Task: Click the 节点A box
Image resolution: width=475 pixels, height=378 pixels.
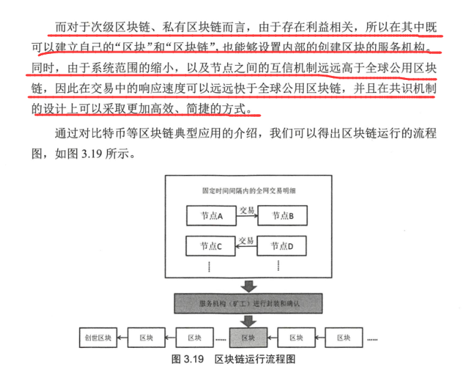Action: (212, 215)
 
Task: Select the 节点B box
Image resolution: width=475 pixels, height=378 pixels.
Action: (282, 215)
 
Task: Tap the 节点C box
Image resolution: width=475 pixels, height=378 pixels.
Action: (212, 245)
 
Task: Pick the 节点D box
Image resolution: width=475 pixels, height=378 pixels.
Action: (282, 245)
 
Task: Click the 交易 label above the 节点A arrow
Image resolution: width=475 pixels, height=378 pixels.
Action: (246, 209)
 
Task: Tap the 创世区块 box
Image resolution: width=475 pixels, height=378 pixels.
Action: (98, 338)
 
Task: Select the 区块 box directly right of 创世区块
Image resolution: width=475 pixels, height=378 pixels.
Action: (147, 338)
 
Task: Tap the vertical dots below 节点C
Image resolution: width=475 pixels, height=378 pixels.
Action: (212, 265)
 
